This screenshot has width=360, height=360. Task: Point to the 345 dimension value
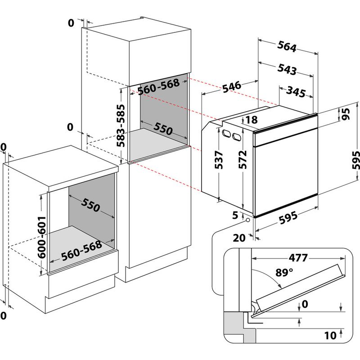(x=297, y=93)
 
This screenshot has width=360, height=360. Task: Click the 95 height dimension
(x=346, y=114)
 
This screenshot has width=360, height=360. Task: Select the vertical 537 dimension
(x=218, y=159)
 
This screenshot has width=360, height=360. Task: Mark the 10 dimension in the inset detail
(x=331, y=335)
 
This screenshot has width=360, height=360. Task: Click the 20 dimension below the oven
(x=239, y=238)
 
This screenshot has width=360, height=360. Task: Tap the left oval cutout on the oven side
(x=226, y=133)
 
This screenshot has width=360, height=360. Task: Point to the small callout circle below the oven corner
(x=248, y=220)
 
